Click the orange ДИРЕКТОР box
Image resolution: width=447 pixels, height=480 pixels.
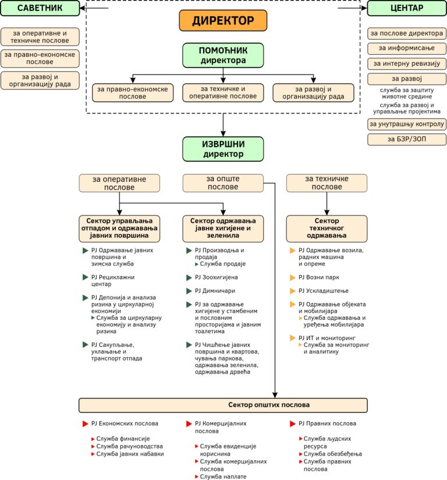point(223,21)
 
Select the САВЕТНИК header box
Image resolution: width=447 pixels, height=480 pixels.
point(40,8)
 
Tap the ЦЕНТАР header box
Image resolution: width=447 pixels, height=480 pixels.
point(407,8)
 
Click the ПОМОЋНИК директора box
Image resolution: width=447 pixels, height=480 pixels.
point(223,55)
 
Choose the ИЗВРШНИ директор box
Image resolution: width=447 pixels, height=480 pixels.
point(223,149)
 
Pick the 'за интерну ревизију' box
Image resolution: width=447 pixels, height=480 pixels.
point(407,63)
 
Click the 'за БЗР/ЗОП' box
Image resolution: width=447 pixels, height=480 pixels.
point(407,139)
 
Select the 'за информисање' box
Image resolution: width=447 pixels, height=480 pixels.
point(407,48)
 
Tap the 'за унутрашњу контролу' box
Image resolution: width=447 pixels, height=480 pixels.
point(407,124)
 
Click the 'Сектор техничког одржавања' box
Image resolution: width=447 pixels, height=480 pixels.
point(327,228)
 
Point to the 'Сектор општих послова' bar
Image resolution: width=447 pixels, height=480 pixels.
point(223,405)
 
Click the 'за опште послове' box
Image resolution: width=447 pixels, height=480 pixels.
point(223,183)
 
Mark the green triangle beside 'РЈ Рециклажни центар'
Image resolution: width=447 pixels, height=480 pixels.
point(85,277)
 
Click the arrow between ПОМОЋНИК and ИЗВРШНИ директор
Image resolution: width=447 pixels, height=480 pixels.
point(223,124)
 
